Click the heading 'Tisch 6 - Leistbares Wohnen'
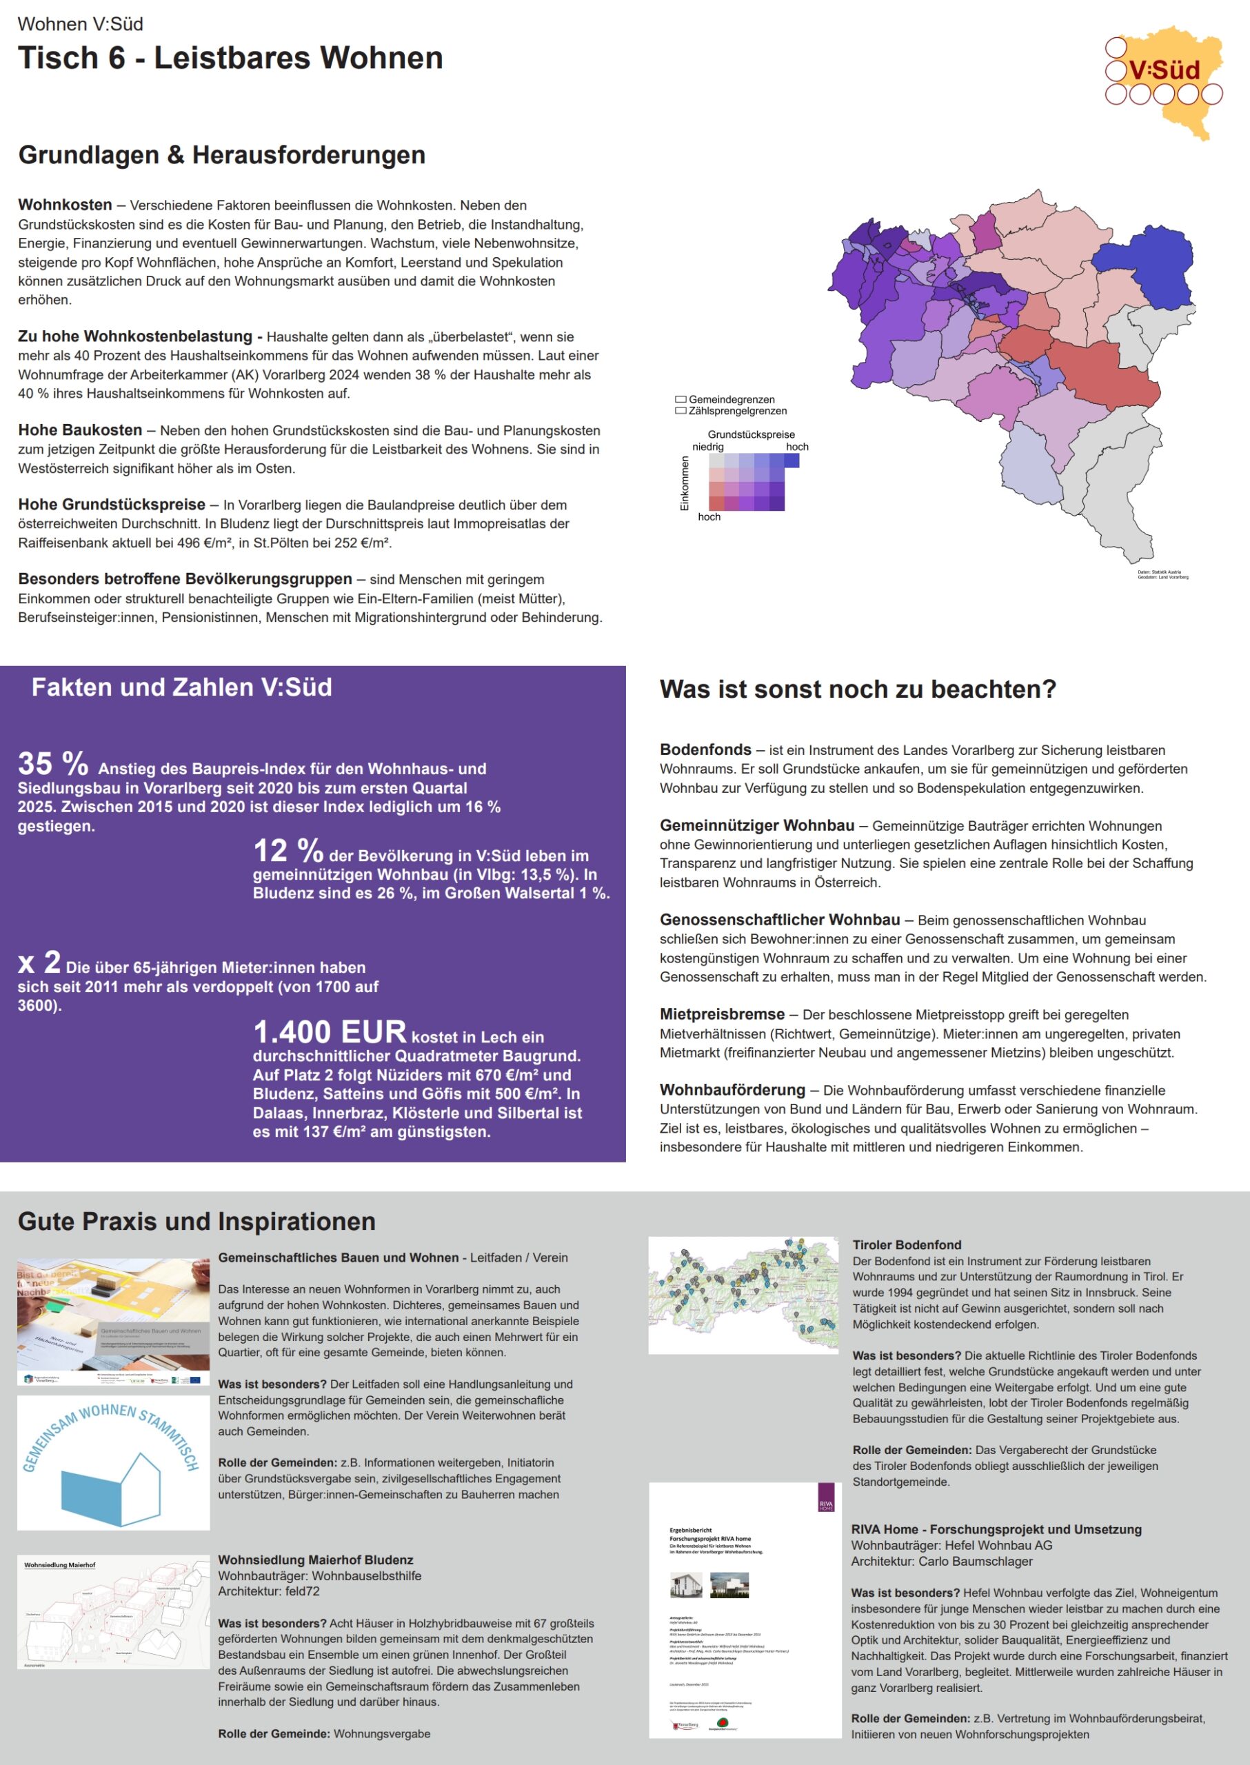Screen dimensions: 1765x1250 [230, 59]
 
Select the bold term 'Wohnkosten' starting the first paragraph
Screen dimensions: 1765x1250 [65, 205]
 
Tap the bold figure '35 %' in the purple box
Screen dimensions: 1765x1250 [53, 764]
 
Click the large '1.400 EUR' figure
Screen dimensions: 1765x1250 [330, 1031]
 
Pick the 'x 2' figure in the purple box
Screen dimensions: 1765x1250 [39, 962]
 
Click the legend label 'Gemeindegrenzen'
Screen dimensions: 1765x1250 [732, 399]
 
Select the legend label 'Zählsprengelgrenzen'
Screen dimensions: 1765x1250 [737, 411]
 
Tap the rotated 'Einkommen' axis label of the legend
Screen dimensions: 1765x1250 [684, 483]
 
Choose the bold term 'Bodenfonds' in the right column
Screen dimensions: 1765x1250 [705, 749]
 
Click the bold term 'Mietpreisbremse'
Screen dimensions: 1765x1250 [721, 1014]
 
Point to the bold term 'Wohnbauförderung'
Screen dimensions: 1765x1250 [732, 1090]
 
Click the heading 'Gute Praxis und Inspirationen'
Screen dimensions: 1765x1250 [196, 1222]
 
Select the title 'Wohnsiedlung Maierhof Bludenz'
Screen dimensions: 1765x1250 [316, 1560]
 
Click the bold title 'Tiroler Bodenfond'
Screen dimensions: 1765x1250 [907, 1244]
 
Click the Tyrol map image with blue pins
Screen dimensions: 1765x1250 [743, 1294]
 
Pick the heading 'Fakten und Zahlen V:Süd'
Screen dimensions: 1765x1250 [181, 687]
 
